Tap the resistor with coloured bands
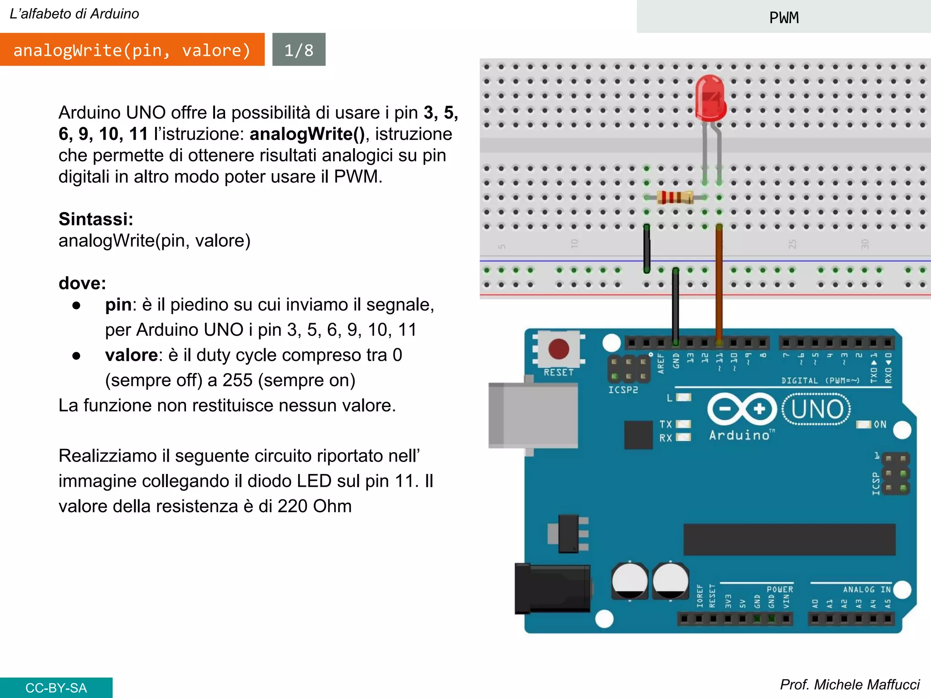tap(675, 197)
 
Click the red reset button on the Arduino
tap(558, 349)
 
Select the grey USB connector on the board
tap(533, 415)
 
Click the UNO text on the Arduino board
tap(816, 409)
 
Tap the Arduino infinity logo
tap(742, 409)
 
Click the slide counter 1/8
tap(299, 50)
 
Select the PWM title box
tap(783, 17)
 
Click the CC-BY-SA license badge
tap(56, 688)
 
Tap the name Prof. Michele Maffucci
tap(849, 684)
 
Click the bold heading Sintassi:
tap(96, 219)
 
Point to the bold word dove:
tap(82, 283)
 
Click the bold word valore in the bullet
tap(131, 355)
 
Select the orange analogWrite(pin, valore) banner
tap(132, 50)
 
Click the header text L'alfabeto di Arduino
tap(74, 14)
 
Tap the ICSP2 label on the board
tap(623, 390)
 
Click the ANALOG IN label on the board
tap(866, 589)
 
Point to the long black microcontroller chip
tap(789, 539)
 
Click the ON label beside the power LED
tap(880, 424)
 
